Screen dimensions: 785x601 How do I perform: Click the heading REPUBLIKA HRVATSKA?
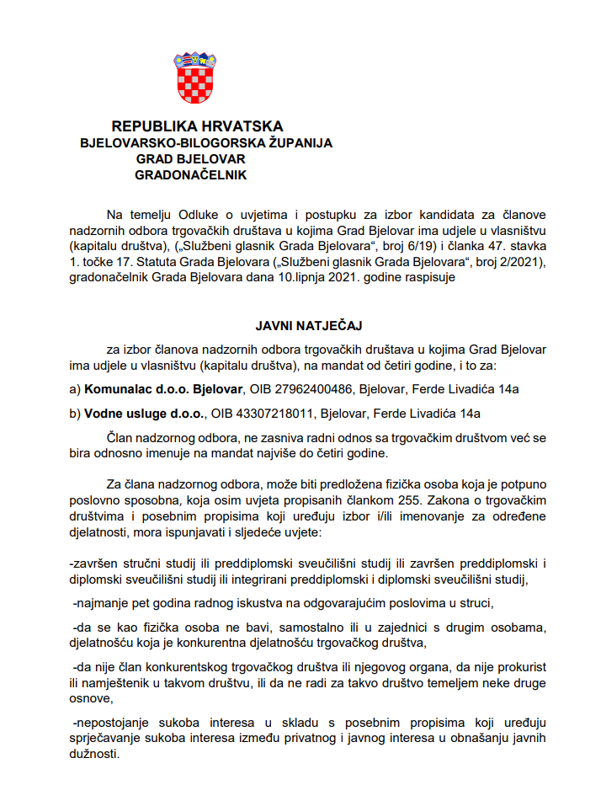[197, 126]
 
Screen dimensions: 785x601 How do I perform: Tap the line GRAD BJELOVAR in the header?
[190, 159]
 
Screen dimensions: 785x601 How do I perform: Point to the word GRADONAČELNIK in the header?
[190, 175]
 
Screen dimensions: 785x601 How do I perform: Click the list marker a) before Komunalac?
[75, 389]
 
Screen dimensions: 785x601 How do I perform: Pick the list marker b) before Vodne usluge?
[75, 413]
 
